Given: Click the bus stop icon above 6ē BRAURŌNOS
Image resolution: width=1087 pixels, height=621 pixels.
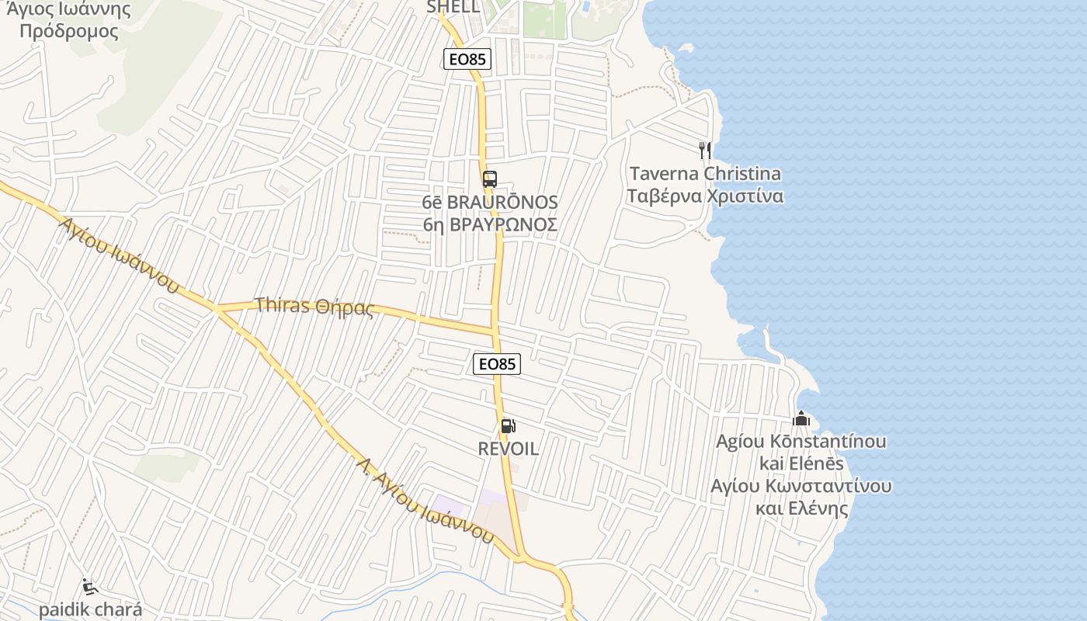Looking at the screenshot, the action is pos(489,179).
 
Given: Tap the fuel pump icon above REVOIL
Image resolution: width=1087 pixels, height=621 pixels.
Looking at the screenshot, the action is pos(508,425).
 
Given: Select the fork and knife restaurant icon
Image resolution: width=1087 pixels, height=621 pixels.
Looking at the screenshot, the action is pos(705,149).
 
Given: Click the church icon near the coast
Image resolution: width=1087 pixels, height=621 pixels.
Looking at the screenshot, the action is pos(801,419).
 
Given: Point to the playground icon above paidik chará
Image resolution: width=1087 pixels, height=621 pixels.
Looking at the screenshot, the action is pos(90,586).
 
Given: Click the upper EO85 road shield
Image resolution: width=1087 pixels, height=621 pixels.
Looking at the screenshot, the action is pos(467,58).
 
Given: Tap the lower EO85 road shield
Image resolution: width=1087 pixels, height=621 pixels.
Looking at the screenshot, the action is pos(497,363).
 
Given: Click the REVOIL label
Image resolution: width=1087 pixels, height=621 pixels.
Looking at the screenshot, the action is pos(508,449).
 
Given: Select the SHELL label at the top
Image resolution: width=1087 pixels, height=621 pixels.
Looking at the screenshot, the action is pos(453,7).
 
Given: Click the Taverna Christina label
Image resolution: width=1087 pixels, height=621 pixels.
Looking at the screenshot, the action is pos(705,173).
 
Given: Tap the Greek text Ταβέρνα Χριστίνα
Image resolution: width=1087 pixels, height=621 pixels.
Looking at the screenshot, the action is pos(705,196).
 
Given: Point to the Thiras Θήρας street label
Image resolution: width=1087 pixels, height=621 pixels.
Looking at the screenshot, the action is pos(314,307).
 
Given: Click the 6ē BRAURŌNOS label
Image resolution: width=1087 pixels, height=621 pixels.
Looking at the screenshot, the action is pos(490,202).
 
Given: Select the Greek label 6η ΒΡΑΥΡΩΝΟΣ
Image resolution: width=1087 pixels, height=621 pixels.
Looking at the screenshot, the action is pos(490,225).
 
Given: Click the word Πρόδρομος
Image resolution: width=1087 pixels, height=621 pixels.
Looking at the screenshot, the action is pos(69,32).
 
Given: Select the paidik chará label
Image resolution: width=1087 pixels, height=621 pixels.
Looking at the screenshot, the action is pos(90,609).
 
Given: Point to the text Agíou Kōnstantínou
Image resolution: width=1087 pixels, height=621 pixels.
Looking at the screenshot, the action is pos(801,441).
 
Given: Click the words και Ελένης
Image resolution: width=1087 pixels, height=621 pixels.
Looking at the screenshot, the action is pos(801,509).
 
